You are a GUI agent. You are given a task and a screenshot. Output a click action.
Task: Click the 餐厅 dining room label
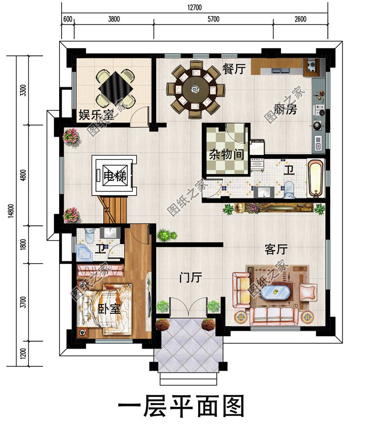pyautogui.click(x=234, y=69)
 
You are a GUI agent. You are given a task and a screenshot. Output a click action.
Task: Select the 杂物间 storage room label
pyautogui.click(x=227, y=154)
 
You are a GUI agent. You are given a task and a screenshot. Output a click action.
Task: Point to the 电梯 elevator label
pyautogui.click(x=115, y=176)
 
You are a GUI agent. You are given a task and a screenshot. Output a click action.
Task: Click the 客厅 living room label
pyautogui.click(x=276, y=250)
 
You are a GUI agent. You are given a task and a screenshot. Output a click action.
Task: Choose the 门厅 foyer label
pyautogui.click(x=191, y=277)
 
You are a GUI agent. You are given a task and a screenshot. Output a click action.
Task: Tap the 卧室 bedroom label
pyautogui.click(x=109, y=309)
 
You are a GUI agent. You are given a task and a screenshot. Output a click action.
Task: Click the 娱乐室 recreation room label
pyautogui.click(x=96, y=115)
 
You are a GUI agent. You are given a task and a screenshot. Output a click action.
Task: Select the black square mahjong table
pyautogui.click(x=116, y=86)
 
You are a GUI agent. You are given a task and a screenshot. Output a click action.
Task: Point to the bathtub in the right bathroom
pyautogui.click(x=316, y=178)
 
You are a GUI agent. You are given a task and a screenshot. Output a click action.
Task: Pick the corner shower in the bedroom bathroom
pyautogui.click(x=84, y=252)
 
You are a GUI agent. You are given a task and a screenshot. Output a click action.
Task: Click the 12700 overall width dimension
pyautogui.click(x=194, y=7)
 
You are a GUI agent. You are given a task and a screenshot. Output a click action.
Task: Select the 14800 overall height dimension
pyautogui.click(x=11, y=211)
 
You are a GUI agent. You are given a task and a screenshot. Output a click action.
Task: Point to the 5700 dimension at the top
pyautogui.click(x=213, y=19)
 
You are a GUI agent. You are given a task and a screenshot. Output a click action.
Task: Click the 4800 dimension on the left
pyautogui.click(x=23, y=175)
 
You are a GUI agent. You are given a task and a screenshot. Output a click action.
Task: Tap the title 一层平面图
pyautogui.click(x=181, y=407)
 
